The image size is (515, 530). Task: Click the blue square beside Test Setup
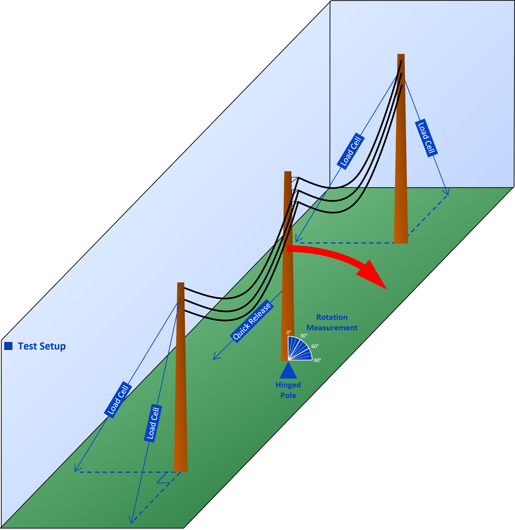coord(8,346)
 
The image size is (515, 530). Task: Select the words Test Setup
coord(42,346)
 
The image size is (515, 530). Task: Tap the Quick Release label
coord(252,322)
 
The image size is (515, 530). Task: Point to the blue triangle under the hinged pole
coord(288,371)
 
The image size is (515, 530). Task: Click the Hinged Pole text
coord(288,390)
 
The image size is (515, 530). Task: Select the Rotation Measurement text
coord(332,322)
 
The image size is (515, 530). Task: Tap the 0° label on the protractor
coord(289,333)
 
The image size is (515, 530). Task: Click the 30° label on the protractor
coord(304,336)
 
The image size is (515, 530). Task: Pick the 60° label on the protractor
coord(315,346)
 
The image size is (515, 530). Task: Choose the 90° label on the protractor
coord(317,360)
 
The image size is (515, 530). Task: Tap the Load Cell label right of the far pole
coord(426,138)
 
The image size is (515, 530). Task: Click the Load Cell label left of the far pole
coord(351,151)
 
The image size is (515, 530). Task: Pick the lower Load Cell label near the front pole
coord(153,423)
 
